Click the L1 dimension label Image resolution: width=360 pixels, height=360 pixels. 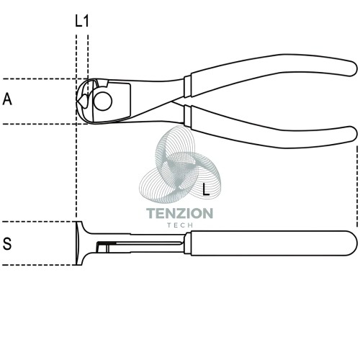pyautogui.click(x=82, y=21)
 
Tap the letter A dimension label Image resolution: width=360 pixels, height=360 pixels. pyautogui.click(x=7, y=99)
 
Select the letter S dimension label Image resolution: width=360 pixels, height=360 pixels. pyautogui.click(x=7, y=243)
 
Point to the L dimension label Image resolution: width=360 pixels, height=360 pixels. pyautogui.click(x=206, y=189)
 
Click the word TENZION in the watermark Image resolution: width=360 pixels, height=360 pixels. pyautogui.click(x=179, y=213)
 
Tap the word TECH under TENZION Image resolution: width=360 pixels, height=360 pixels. pyautogui.click(x=180, y=225)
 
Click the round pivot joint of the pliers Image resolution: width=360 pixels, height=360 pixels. pyautogui.click(x=103, y=102)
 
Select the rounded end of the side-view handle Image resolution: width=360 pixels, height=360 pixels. pyautogui.click(x=352, y=243)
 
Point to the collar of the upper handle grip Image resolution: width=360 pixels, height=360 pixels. pyautogui.click(x=187, y=86)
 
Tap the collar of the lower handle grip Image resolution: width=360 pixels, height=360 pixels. pyautogui.click(x=188, y=116)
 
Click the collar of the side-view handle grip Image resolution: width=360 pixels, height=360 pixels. pyautogui.click(x=187, y=243)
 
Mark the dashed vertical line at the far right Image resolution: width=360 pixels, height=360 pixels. pyautogui.click(x=357, y=186)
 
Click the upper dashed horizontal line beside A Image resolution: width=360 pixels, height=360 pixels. pyautogui.click(x=45, y=78)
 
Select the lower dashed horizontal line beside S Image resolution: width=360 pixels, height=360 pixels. pyautogui.click(x=39, y=265)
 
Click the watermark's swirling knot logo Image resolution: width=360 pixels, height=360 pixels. pyautogui.click(x=180, y=166)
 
